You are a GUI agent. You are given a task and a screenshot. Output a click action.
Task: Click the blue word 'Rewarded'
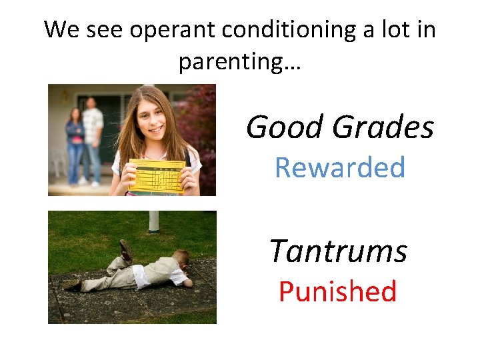coord(340,167)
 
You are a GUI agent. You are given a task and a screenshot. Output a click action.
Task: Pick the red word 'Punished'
coord(337,292)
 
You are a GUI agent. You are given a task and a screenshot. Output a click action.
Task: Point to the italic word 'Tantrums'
coord(338,251)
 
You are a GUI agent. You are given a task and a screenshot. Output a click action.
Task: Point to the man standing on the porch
coord(93,137)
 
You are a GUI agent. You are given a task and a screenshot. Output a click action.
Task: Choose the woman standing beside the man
coord(75,143)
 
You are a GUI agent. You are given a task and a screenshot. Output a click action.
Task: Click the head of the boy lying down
coord(181,260)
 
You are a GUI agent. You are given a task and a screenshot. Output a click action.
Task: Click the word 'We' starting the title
coord(60,30)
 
